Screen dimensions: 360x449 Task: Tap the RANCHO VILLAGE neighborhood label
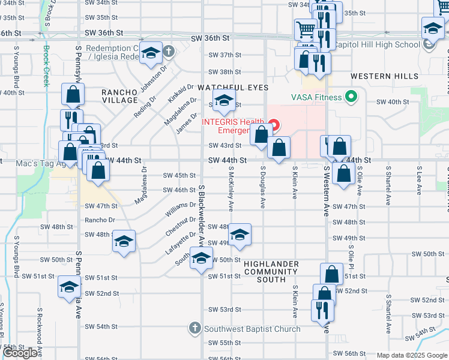click(x=119, y=95)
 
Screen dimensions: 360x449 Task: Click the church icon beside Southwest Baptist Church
click(x=194, y=328)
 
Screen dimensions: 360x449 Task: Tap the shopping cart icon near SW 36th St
click(x=306, y=29)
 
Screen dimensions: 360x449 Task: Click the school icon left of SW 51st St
click(x=70, y=287)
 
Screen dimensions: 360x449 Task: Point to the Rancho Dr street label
click(x=100, y=220)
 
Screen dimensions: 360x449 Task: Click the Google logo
click(x=20, y=353)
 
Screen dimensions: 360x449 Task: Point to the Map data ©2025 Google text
click(x=412, y=355)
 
